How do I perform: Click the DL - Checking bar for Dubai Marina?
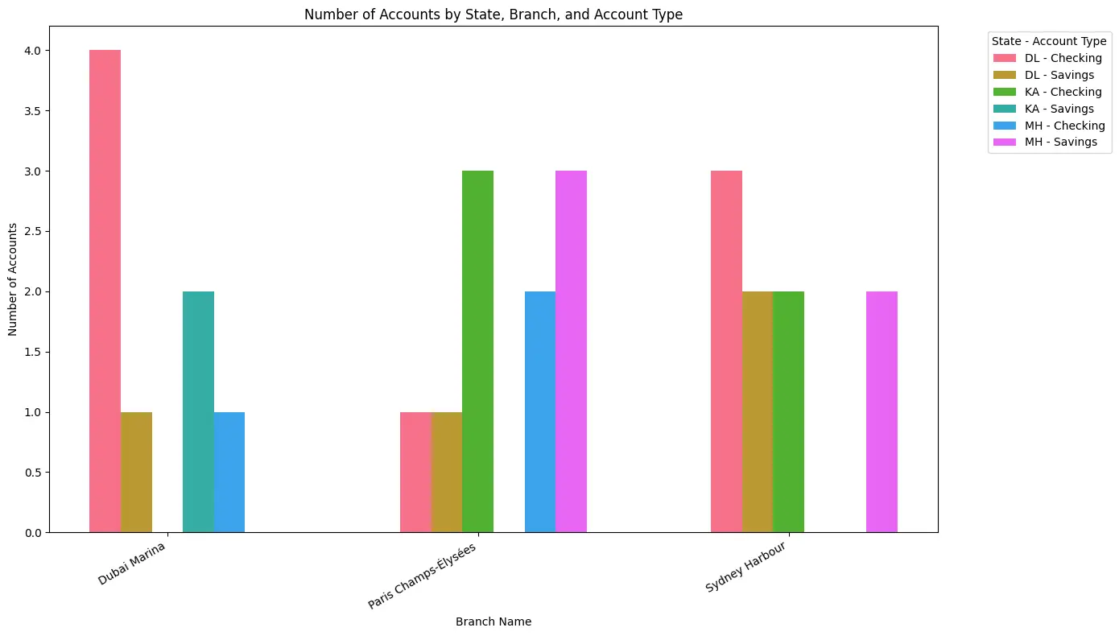click(105, 291)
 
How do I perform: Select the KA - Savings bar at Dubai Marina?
click(198, 411)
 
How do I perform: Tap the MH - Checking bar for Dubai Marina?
click(229, 472)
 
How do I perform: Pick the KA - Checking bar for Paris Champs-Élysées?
click(477, 351)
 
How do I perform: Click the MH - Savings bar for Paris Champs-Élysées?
click(571, 351)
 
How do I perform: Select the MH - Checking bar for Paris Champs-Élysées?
click(540, 411)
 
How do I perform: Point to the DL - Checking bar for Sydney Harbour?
click(726, 351)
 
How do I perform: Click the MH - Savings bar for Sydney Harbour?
click(882, 411)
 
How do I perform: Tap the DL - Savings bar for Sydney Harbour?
click(758, 411)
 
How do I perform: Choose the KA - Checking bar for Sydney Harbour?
click(788, 411)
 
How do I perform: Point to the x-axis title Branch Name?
click(493, 622)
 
